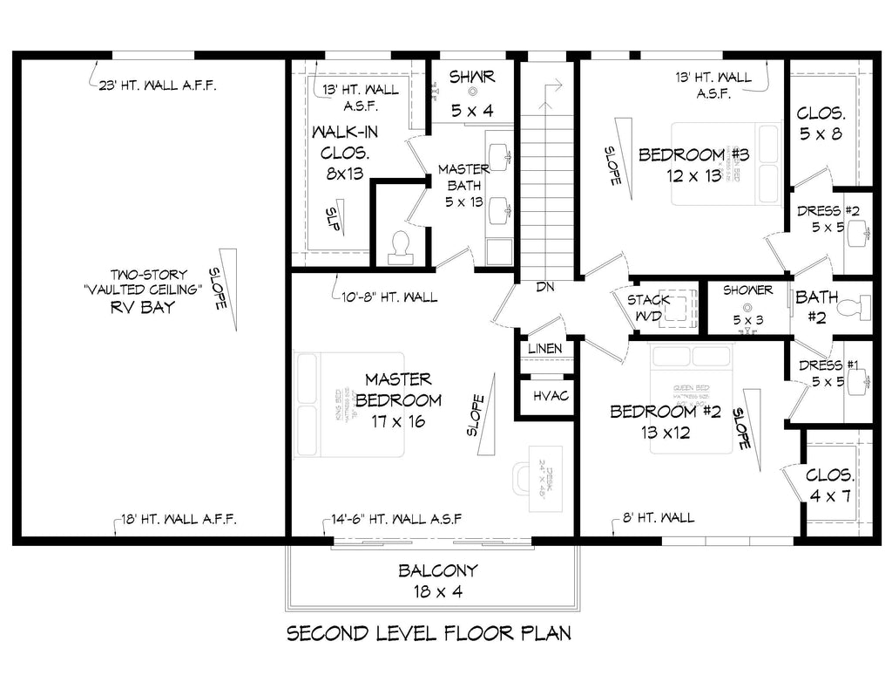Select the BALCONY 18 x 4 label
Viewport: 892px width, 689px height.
click(x=437, y=581)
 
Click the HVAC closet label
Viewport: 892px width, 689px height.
click(x=551, y=396)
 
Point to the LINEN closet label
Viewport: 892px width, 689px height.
click(x=544, y=349)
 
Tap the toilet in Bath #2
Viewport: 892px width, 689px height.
click(x=863, y=308)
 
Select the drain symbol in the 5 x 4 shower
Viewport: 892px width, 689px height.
click(x=473, y=92)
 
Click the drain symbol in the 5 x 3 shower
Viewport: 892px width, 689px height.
click(x=747, y=307)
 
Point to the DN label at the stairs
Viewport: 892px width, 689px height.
click(x=545, y=286)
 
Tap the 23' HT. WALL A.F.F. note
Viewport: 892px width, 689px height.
click(x=158, y=85)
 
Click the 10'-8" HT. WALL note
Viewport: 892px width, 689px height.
click(x=390, y=297)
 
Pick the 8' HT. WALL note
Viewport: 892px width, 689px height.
click(x=659, y=518)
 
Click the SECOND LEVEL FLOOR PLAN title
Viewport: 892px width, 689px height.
click(x=429, y=632)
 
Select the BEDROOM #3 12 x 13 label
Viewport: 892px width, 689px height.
click(x=694, y=164)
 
